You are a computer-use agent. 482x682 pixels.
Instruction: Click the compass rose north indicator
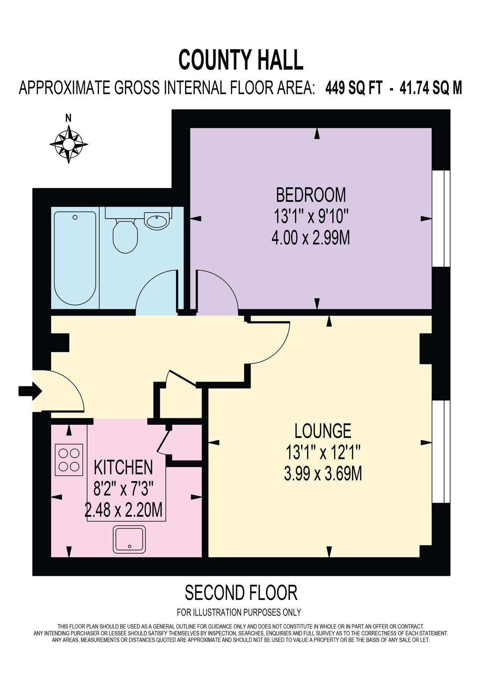[x=69, y=143]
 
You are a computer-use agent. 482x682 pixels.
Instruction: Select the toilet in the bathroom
[x=125, y=236]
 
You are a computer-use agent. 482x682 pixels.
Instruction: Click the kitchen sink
[x=129, y=539]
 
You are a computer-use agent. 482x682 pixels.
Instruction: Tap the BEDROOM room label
[x=310, y=195]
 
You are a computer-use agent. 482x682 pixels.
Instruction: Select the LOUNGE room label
[x=323, y=431]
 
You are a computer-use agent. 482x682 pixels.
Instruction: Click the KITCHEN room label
[x=123, y=468]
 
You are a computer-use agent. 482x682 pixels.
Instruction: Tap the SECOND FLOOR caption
[x=241, y=593]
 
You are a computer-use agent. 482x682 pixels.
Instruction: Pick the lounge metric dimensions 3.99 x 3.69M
[x=323, y=474]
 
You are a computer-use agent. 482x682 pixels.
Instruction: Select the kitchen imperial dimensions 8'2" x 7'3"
[x=123, y=490]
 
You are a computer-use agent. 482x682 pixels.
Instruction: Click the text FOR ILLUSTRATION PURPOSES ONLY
[x=239, y=612]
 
